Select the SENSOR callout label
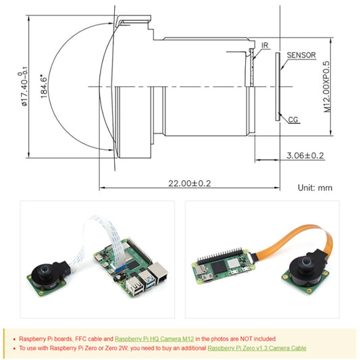[x=301, y=55]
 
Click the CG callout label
[x=293, y=120]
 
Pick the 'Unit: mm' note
[x=315, y=188]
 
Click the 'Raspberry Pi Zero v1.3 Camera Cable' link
[x=257, y=349]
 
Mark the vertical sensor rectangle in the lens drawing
[x=278, y=86]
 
